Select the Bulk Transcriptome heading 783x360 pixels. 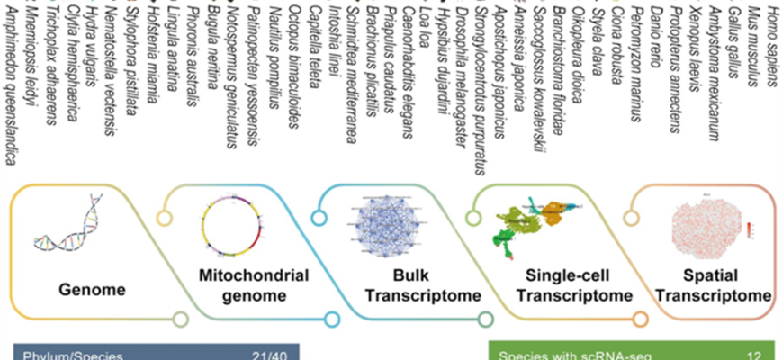point(390,290)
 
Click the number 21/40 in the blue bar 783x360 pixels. point(269,354)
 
